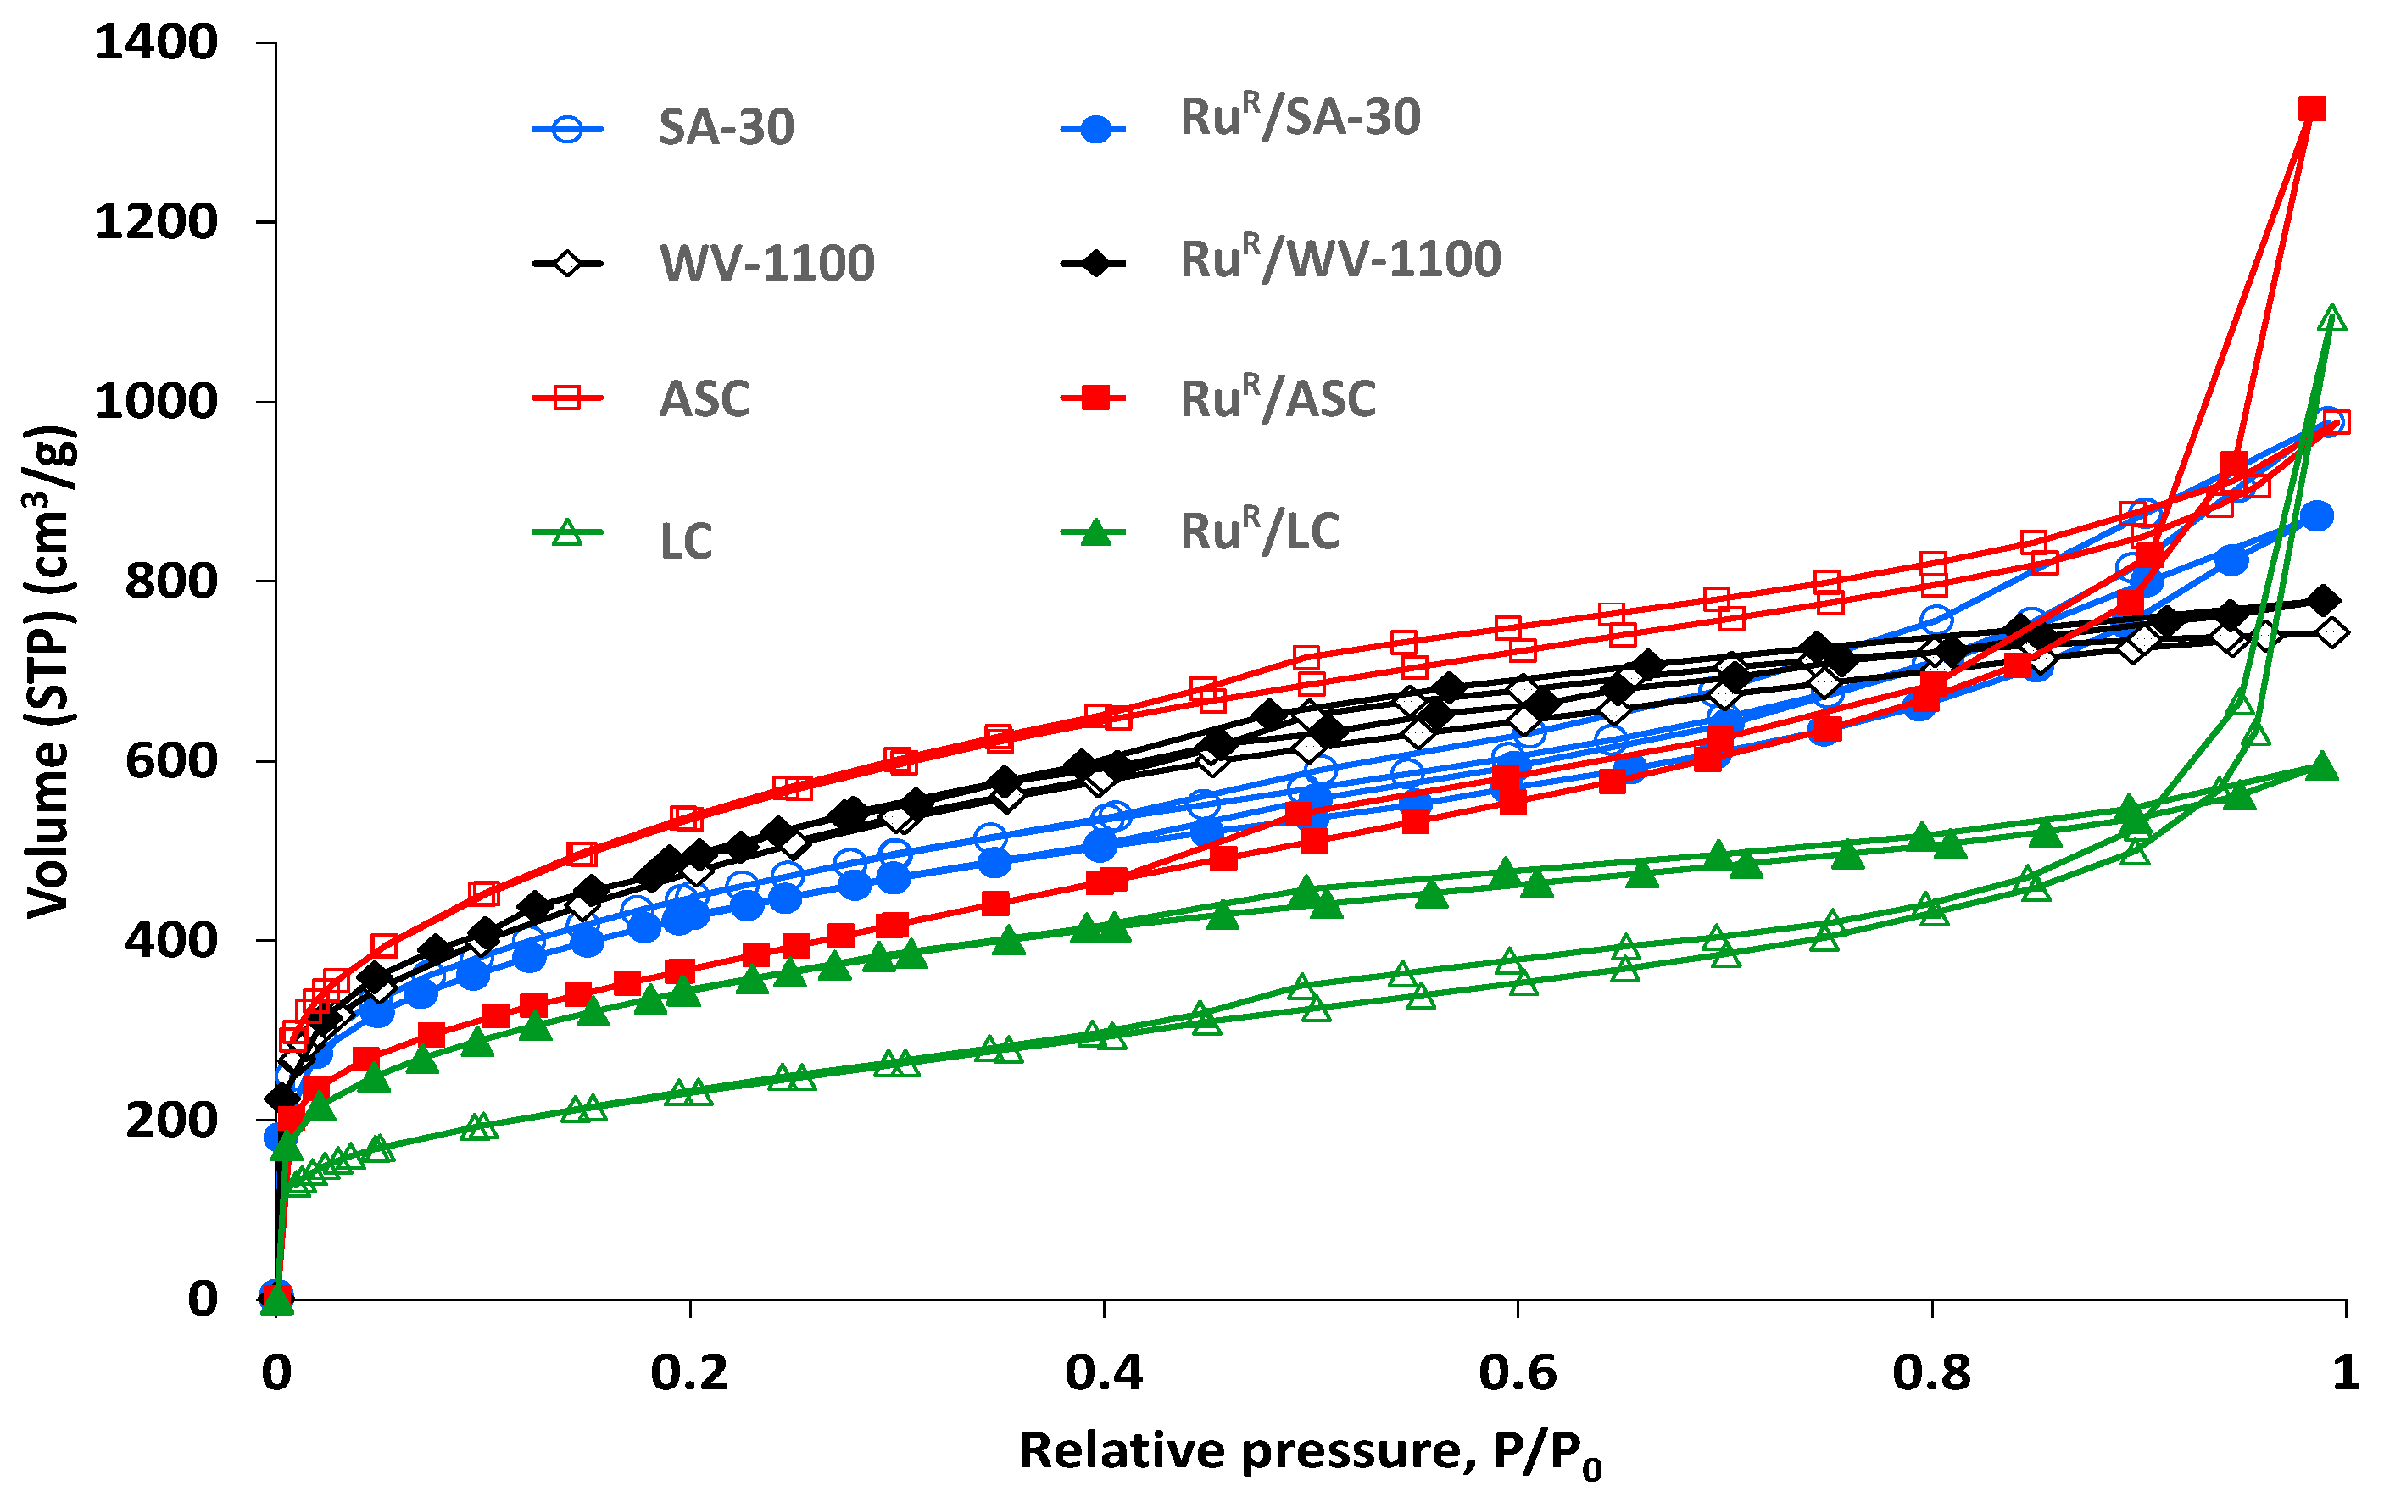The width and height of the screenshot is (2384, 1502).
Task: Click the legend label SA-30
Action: pyautogui.click(x=726, y=128)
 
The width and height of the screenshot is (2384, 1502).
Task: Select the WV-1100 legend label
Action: pyautogui.click(x=766, y=264)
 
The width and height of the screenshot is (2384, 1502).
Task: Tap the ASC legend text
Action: pyautogui.click(x=704, y=399)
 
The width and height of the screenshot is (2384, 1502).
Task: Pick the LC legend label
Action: pyautogui.click(x=685, y=542)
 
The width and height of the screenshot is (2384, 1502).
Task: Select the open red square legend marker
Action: pyautogui.click(x=567, y=398)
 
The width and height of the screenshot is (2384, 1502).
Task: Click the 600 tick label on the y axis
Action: pyautogui.click(x=170, y=760)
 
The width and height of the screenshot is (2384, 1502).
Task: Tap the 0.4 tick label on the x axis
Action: pyautogui.click(x=1103, y=1372)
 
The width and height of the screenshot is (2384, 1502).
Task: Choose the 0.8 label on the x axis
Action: pyautogui.click(x=1930, y=1372)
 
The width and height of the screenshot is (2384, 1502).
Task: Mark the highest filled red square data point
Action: pyautogui.click(x=2312, y=108)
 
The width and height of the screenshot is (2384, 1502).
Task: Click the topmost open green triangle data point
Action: pyautogui.click(x=2331, y=318)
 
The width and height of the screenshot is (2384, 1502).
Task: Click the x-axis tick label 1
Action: pyautogui.click(x=2344, y=1372)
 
